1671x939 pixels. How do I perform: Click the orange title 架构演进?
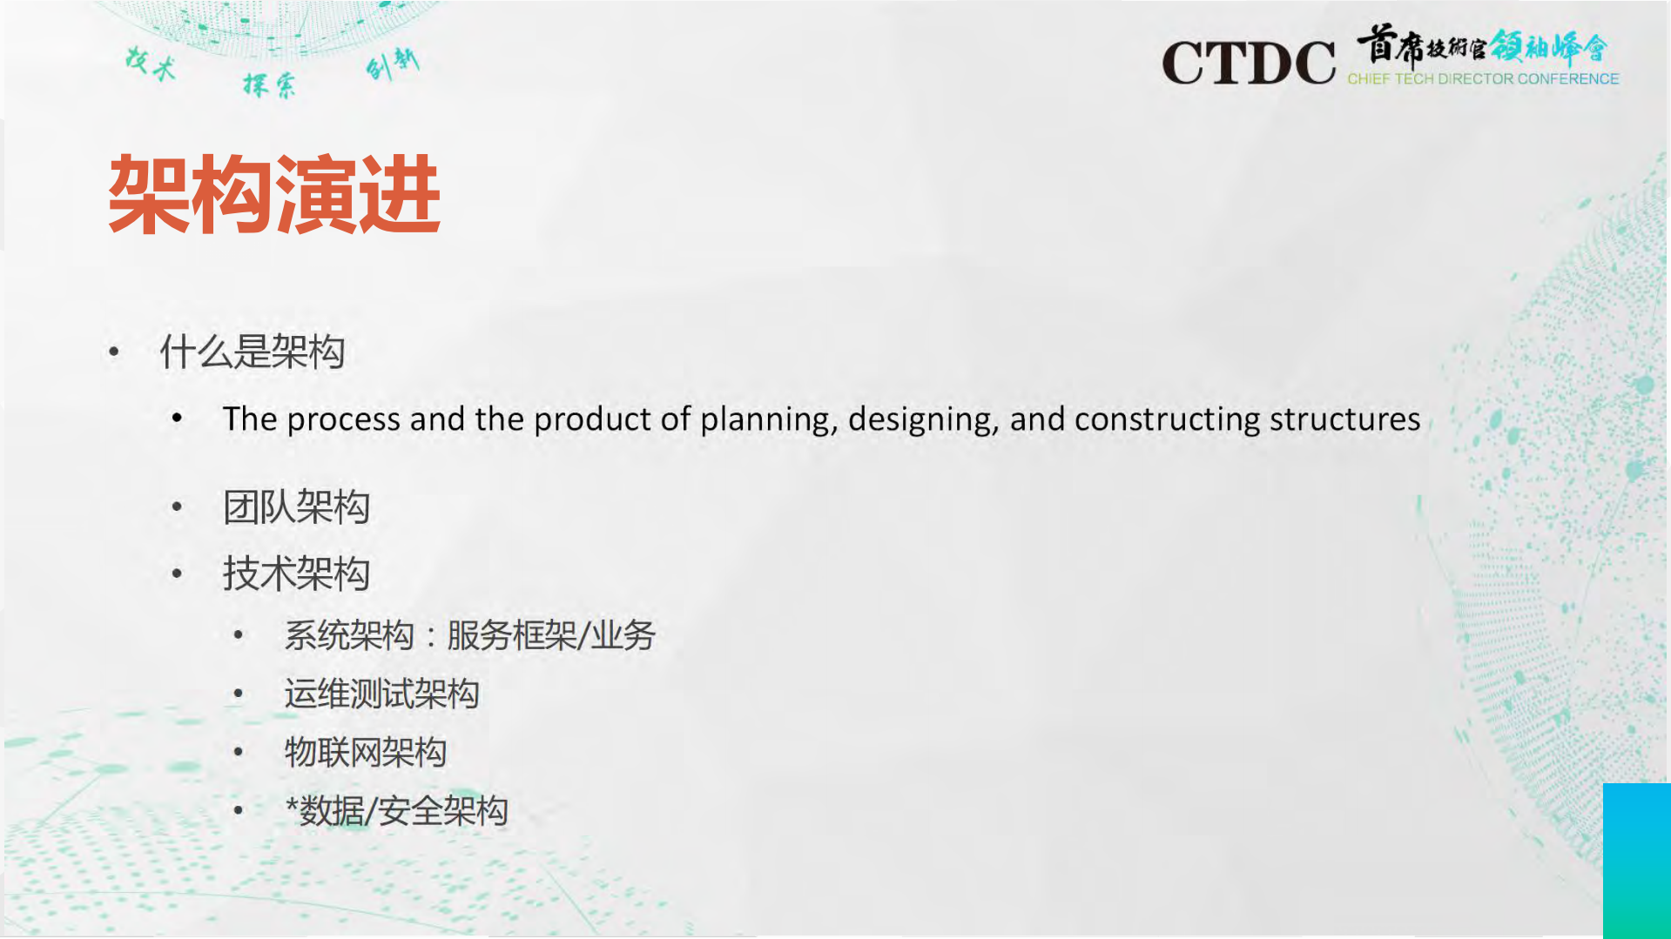click(274, 195)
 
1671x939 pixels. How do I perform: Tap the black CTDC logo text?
click(1248, 63)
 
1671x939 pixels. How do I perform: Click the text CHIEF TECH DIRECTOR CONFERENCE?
click(1483, 79)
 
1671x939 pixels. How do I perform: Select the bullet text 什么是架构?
click(253, 352)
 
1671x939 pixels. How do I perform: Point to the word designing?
click(923, 420)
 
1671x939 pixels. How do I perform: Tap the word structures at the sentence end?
click(1344, 419)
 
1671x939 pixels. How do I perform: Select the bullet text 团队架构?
click(296, 507)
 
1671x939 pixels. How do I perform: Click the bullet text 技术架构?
click(296, 574)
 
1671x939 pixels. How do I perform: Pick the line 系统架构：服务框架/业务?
click(469, 635)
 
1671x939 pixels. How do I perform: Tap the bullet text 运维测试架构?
click(381, 694)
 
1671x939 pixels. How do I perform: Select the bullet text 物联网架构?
click(366, 752)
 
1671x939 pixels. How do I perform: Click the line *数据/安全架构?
click(396, 811)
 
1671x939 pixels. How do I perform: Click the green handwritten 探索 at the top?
click(269, 84)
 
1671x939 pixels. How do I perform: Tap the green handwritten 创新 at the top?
click(393, 63)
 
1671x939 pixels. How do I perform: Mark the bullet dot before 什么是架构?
click(114, 352)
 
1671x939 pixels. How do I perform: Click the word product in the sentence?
click(592, 420)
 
